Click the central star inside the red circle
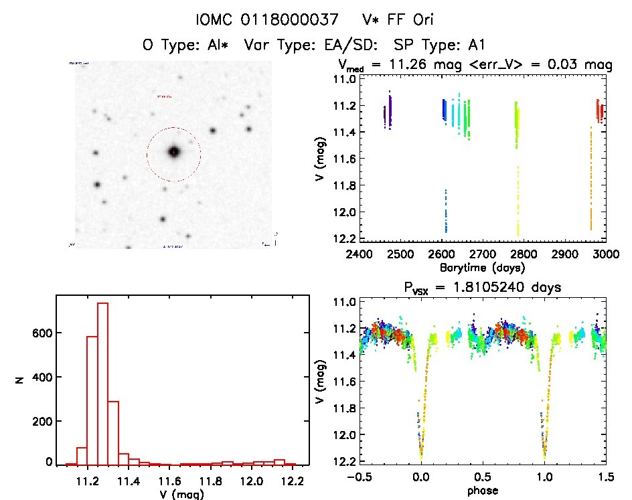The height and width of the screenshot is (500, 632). coord(174,152)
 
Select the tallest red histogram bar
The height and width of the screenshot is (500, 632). coord(102,384)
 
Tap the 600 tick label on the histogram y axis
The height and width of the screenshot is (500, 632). coord(40,333)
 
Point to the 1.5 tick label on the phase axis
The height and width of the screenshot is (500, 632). coord(606,477)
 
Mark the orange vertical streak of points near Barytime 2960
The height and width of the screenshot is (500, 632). coord(590,181)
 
